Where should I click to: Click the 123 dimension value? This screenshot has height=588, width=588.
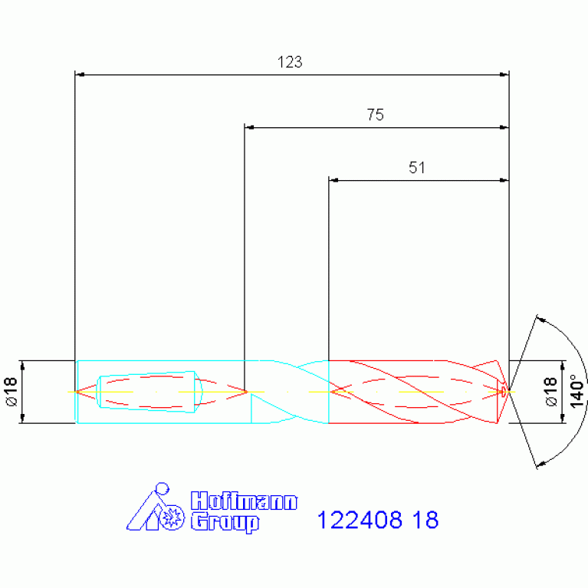[290, 62]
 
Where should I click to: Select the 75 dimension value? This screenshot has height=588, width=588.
[376, 115]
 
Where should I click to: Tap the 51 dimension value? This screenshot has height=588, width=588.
[416, 168]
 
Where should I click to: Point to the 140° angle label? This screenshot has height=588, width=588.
[577, 391]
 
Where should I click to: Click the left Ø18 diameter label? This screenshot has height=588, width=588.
[11, 392]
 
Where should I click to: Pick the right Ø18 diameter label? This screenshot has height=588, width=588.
[550, 392]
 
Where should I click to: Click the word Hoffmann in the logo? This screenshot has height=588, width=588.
[244, 501]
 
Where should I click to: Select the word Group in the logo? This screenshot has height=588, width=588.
[225, 523]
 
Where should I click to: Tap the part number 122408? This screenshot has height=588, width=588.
[360, 520]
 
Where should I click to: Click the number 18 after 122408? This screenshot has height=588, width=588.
[425, 520]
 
